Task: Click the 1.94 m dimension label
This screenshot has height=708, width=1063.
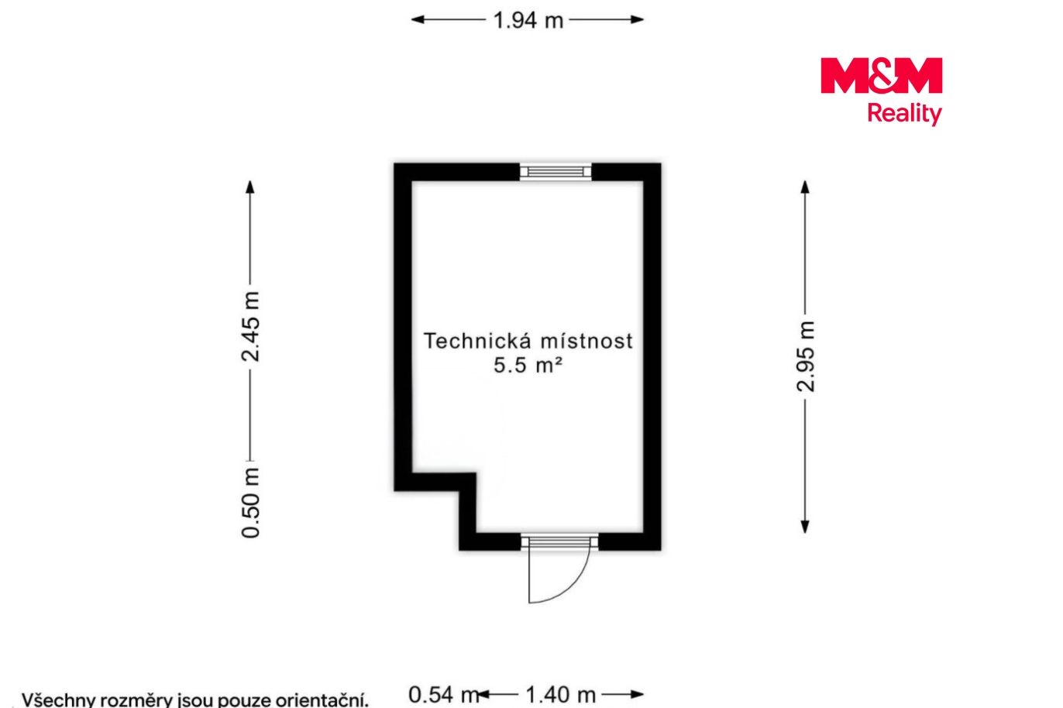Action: [528, 20]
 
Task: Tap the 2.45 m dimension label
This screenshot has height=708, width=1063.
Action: [250, 326]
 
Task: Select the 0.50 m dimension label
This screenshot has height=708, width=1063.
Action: [250, 503]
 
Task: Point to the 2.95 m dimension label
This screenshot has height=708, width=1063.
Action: [805, 356]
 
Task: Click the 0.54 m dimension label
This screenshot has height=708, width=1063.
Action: [444, 695]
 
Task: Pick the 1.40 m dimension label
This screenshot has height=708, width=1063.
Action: [560, 695]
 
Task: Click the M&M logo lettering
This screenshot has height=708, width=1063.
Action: [881, 75]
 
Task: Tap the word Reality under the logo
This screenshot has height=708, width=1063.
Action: [904, 113]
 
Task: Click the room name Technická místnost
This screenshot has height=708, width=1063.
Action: [528, 341]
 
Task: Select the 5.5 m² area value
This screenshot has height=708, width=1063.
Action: [528, 365]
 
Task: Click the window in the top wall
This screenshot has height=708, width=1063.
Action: [556, 172]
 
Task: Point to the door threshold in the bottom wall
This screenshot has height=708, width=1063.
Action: [559, 542]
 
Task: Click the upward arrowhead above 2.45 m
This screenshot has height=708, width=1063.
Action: [250, 187]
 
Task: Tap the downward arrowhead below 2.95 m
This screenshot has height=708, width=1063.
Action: [805, 528]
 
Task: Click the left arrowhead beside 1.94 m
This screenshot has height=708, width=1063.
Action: [417, 19]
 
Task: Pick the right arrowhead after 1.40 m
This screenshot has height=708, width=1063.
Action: [637, 695]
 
